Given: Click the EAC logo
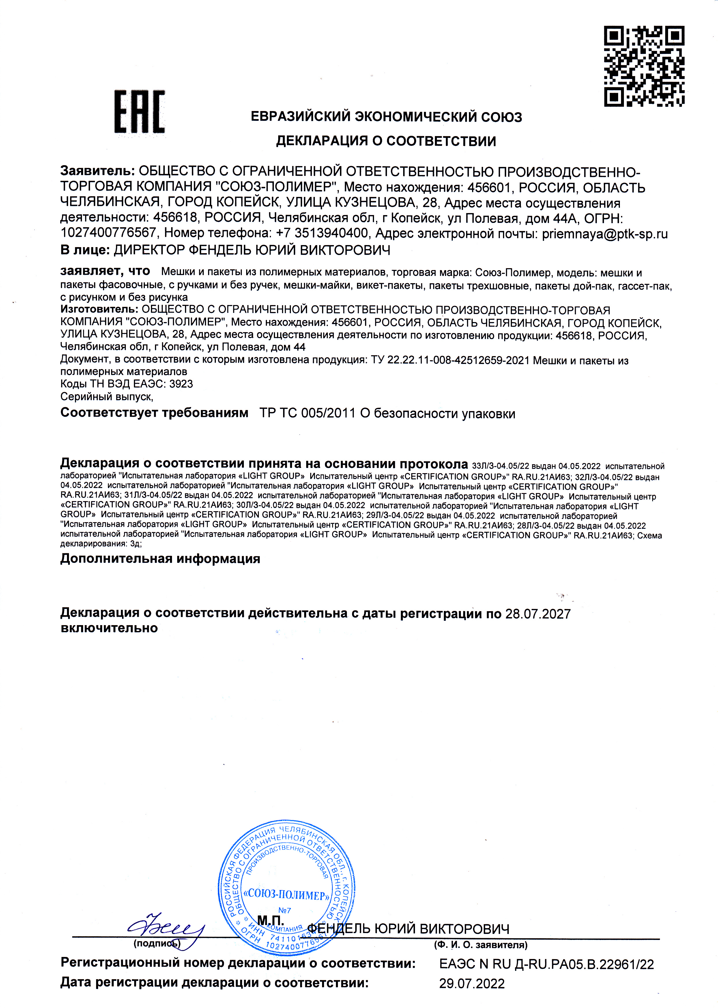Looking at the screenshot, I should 140,112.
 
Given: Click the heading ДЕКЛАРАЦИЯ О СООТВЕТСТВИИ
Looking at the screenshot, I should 386,141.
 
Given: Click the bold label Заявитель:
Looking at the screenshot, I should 97,171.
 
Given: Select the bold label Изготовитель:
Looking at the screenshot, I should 100,309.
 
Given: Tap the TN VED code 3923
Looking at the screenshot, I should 181,384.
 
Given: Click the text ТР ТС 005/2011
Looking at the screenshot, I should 307,413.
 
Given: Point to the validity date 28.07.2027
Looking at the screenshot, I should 538,614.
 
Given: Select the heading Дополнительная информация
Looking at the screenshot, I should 160,559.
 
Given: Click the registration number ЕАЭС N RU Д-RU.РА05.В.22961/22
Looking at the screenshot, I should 547,964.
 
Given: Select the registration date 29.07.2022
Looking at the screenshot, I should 472,984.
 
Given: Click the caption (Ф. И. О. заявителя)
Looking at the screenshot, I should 480,945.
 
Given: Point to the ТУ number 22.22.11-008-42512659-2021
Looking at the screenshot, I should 458,360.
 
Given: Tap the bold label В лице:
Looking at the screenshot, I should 85,250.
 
